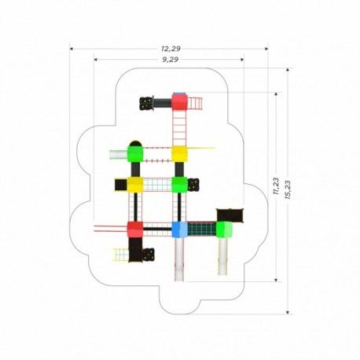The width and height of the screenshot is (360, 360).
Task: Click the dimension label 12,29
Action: point(171,49)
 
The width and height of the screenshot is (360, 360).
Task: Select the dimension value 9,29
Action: point(171,60)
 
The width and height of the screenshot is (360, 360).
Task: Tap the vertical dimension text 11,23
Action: point(276,186)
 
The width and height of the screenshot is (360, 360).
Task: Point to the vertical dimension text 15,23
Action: point(288,190)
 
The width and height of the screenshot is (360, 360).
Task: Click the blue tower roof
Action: point(179,230)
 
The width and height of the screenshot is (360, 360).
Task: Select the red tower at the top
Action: point(179,102)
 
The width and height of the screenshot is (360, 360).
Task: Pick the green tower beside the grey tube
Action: point(135,154)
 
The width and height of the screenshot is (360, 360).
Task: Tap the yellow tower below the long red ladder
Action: point(179,154)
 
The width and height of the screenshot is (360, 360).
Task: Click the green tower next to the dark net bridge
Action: point(224,230)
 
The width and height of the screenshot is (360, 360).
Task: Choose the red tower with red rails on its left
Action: point(135,230)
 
